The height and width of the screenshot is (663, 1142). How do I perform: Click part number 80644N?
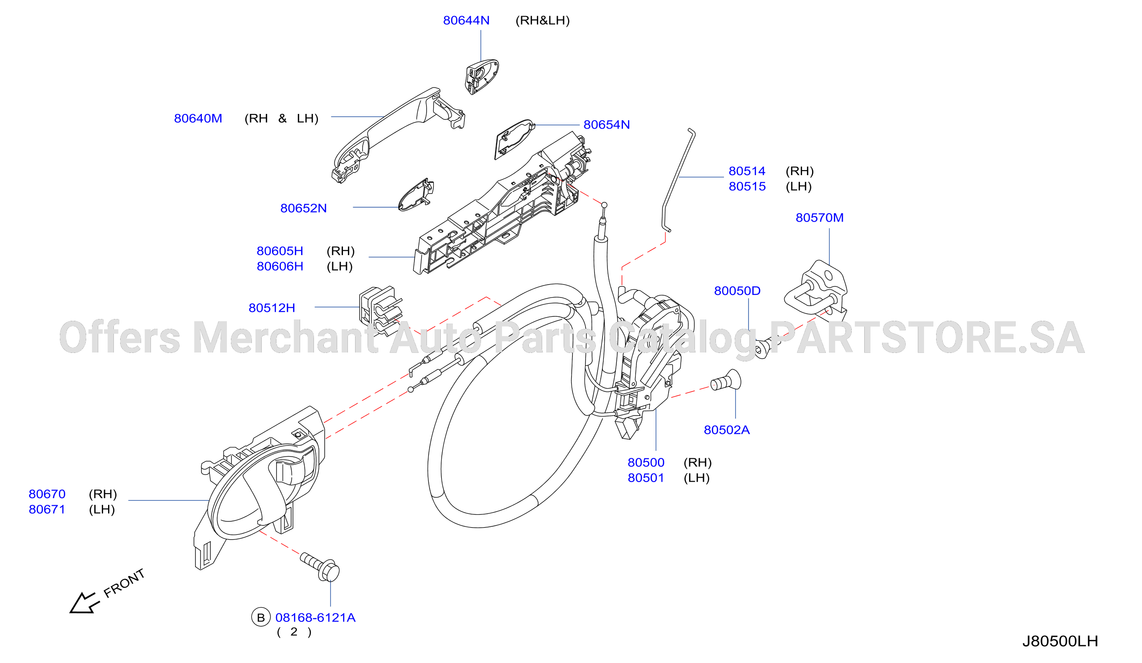[x=466, y=21]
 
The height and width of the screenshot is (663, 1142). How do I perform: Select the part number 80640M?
[x=198, y=118]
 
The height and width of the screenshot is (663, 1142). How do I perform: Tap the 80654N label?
[x=607, y=125]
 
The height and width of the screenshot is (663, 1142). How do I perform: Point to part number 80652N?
[x=303, y=208]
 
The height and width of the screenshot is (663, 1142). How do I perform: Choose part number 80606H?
[x=280, y=266]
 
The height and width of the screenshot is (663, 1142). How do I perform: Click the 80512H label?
[x=272, y=308]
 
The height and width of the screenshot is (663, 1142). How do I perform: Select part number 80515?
[x=747, y=186]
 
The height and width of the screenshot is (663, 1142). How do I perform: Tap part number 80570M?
[x=820, y=218]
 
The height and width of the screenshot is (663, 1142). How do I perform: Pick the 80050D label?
[x=737, y=291]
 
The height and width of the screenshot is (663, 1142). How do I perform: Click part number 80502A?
[x=727, y=430]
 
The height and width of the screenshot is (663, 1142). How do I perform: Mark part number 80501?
[x=646, y=478]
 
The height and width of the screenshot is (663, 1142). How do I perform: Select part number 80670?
[x=47, y=494]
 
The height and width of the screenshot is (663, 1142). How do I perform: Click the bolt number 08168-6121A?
[x=315, y=618]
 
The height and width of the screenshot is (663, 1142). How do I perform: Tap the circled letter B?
[x=260, y=617]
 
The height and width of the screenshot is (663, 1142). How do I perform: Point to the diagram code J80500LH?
[x=1060, y=641]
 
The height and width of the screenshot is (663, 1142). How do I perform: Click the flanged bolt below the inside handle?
[x=320, y=566]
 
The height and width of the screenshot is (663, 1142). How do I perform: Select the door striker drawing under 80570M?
[x=816, y=290]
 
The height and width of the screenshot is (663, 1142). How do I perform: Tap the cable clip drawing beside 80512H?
[x=380, y=311]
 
